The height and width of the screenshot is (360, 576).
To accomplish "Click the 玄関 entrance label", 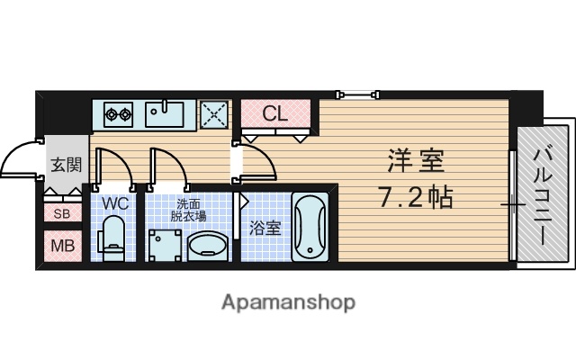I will pyautogui.click(x=66, y=165).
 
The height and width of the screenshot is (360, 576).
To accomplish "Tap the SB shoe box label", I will pyautogui.click(x=61, y=214).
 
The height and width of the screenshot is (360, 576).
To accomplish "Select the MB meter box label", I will pyautogui.click(x=61, y=245).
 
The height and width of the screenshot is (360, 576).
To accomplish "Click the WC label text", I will pyautogui.click(x=114, y=204).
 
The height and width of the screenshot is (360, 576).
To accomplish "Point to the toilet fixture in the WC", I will pyautogui.click(x=113, y=240).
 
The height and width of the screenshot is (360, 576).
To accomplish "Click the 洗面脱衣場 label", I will pyautogui.click(x=188, y=209).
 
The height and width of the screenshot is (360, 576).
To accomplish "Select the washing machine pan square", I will pyautogui.click(x=163, y=244).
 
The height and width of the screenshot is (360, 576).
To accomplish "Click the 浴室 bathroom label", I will pyautogui.click(x=265, y=227).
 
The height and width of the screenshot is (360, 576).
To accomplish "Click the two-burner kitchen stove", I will pyautogui.click(x=118, y=114).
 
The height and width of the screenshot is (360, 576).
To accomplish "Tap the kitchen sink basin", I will pyautogui.click(x=166, y=114).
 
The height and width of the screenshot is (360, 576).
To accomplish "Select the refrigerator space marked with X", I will pyautogui.click(x=214, y=114).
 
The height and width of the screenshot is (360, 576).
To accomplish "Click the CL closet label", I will pyautogui.click(x=274, y=113).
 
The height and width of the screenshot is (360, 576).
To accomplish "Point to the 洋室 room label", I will pyautogui.click(x=417, y=164).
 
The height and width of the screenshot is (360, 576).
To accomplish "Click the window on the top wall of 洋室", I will pyautogui.click(x=356, y=93).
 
